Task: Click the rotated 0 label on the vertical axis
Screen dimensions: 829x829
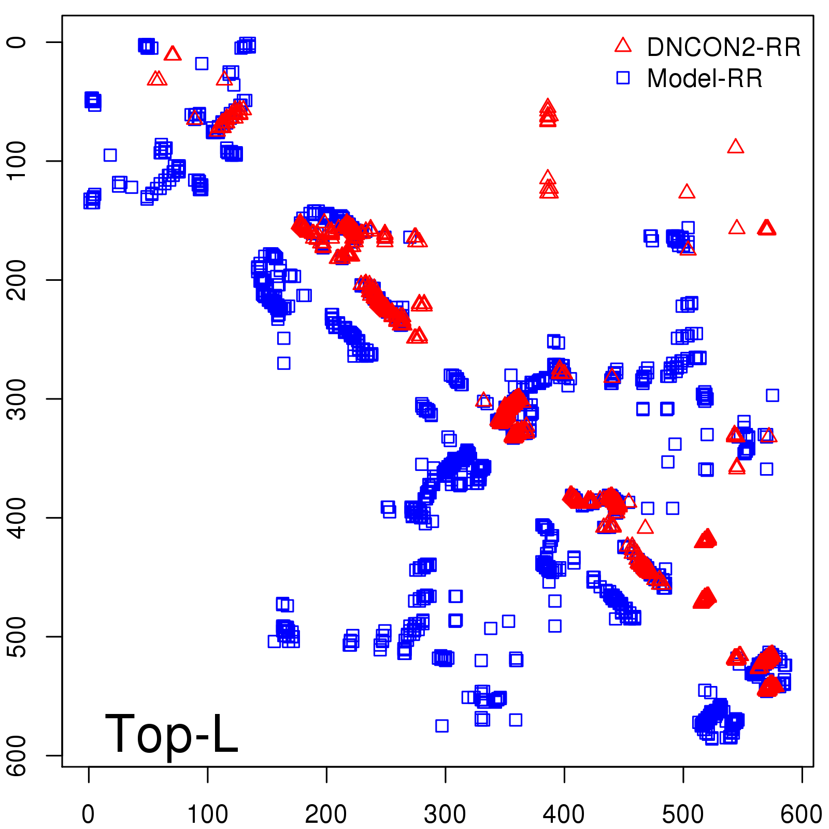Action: point(18,42)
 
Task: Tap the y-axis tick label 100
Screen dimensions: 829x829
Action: point(18,161)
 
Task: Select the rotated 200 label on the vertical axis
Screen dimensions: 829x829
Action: point(18,280)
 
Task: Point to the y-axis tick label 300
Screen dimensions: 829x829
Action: point(18,398)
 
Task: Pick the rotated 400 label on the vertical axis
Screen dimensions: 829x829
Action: point(18,518)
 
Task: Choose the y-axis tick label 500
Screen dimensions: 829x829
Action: point(18,636)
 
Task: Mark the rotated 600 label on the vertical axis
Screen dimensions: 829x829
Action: point(18,755)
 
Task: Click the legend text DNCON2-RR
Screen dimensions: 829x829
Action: point(724,48)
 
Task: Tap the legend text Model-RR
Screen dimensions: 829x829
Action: point(705,79)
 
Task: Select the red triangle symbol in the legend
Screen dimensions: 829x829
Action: point(623,46)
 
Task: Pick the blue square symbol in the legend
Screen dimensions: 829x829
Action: point(623,78)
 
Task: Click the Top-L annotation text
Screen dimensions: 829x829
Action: point(171,734)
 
